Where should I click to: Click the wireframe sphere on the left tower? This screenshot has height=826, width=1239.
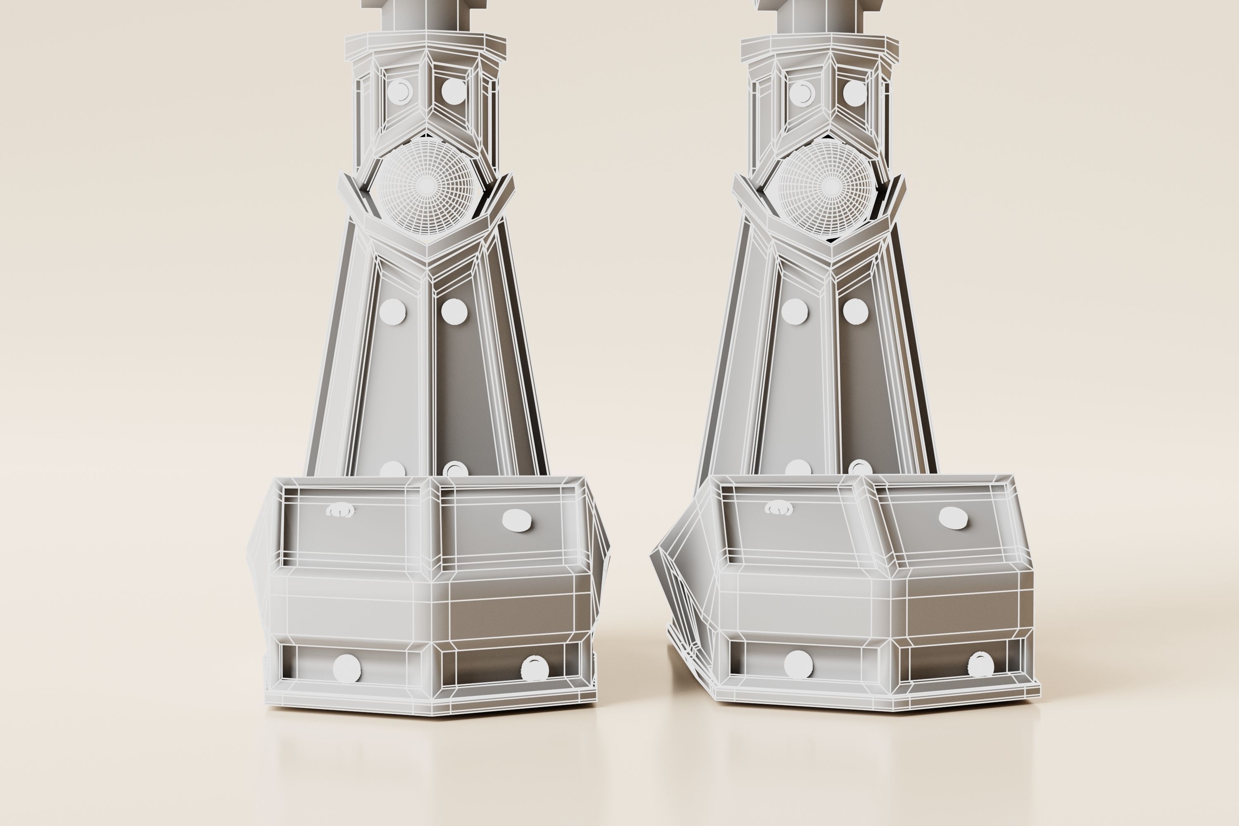(426, 185)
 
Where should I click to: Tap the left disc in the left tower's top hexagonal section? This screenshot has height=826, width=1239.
(400, 92)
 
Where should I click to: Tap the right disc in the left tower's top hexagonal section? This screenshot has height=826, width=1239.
(453, 91)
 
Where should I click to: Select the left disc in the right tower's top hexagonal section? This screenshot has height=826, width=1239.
(801, 94)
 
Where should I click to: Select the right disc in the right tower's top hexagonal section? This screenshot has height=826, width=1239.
(855, 93)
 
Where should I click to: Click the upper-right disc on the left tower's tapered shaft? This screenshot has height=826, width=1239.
(454, 311)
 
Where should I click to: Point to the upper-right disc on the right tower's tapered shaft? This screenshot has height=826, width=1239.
(855, 311)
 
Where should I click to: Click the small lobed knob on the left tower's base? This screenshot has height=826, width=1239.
(340, 510)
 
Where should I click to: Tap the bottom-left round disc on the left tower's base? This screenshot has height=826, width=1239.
(347, 668)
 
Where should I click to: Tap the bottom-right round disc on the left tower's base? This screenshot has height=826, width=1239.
(534, 669)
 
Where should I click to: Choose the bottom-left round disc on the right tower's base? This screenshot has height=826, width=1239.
(798, 664)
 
